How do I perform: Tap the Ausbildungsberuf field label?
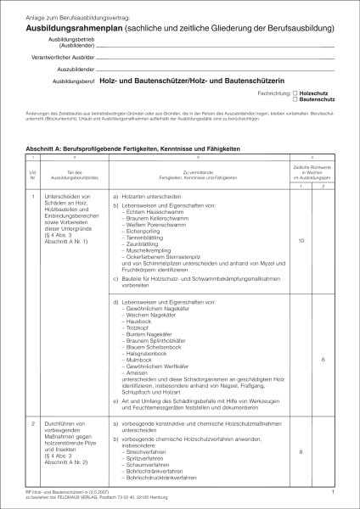(x=72, y=81)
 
